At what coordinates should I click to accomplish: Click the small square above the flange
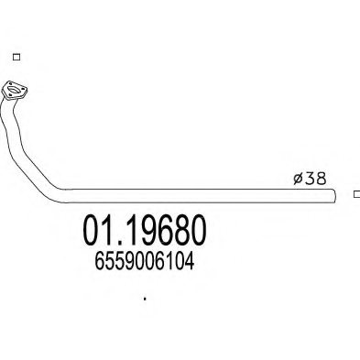click(x=16, y=57)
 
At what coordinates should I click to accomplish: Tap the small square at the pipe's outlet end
click(x=356, y=194)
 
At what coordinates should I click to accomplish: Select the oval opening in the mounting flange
click(x=14, y=90)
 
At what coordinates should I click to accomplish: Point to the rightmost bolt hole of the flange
click(x=23, y=89)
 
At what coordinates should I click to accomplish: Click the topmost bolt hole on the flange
click(x=10, y=84)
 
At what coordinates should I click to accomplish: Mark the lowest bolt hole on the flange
click(x=9, y=96)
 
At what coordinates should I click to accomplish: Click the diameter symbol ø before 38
click(x=298, y=179)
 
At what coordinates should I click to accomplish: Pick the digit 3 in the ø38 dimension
click(x=310, y=179)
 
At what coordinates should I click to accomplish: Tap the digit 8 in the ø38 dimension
click(x=321, y=179)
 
